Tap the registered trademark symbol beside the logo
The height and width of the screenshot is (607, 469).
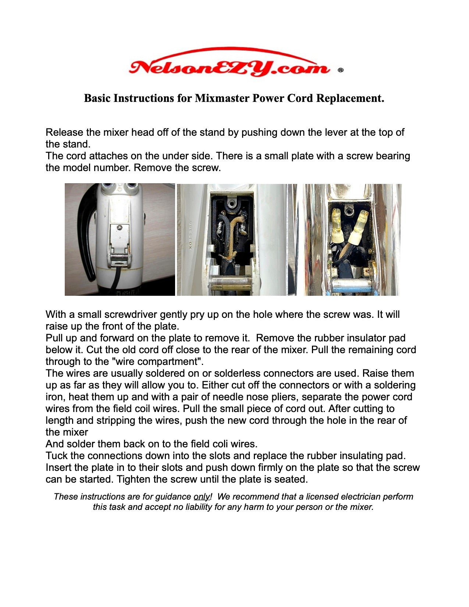tap(340, 70)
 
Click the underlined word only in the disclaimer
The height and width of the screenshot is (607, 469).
tap(202, 497)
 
